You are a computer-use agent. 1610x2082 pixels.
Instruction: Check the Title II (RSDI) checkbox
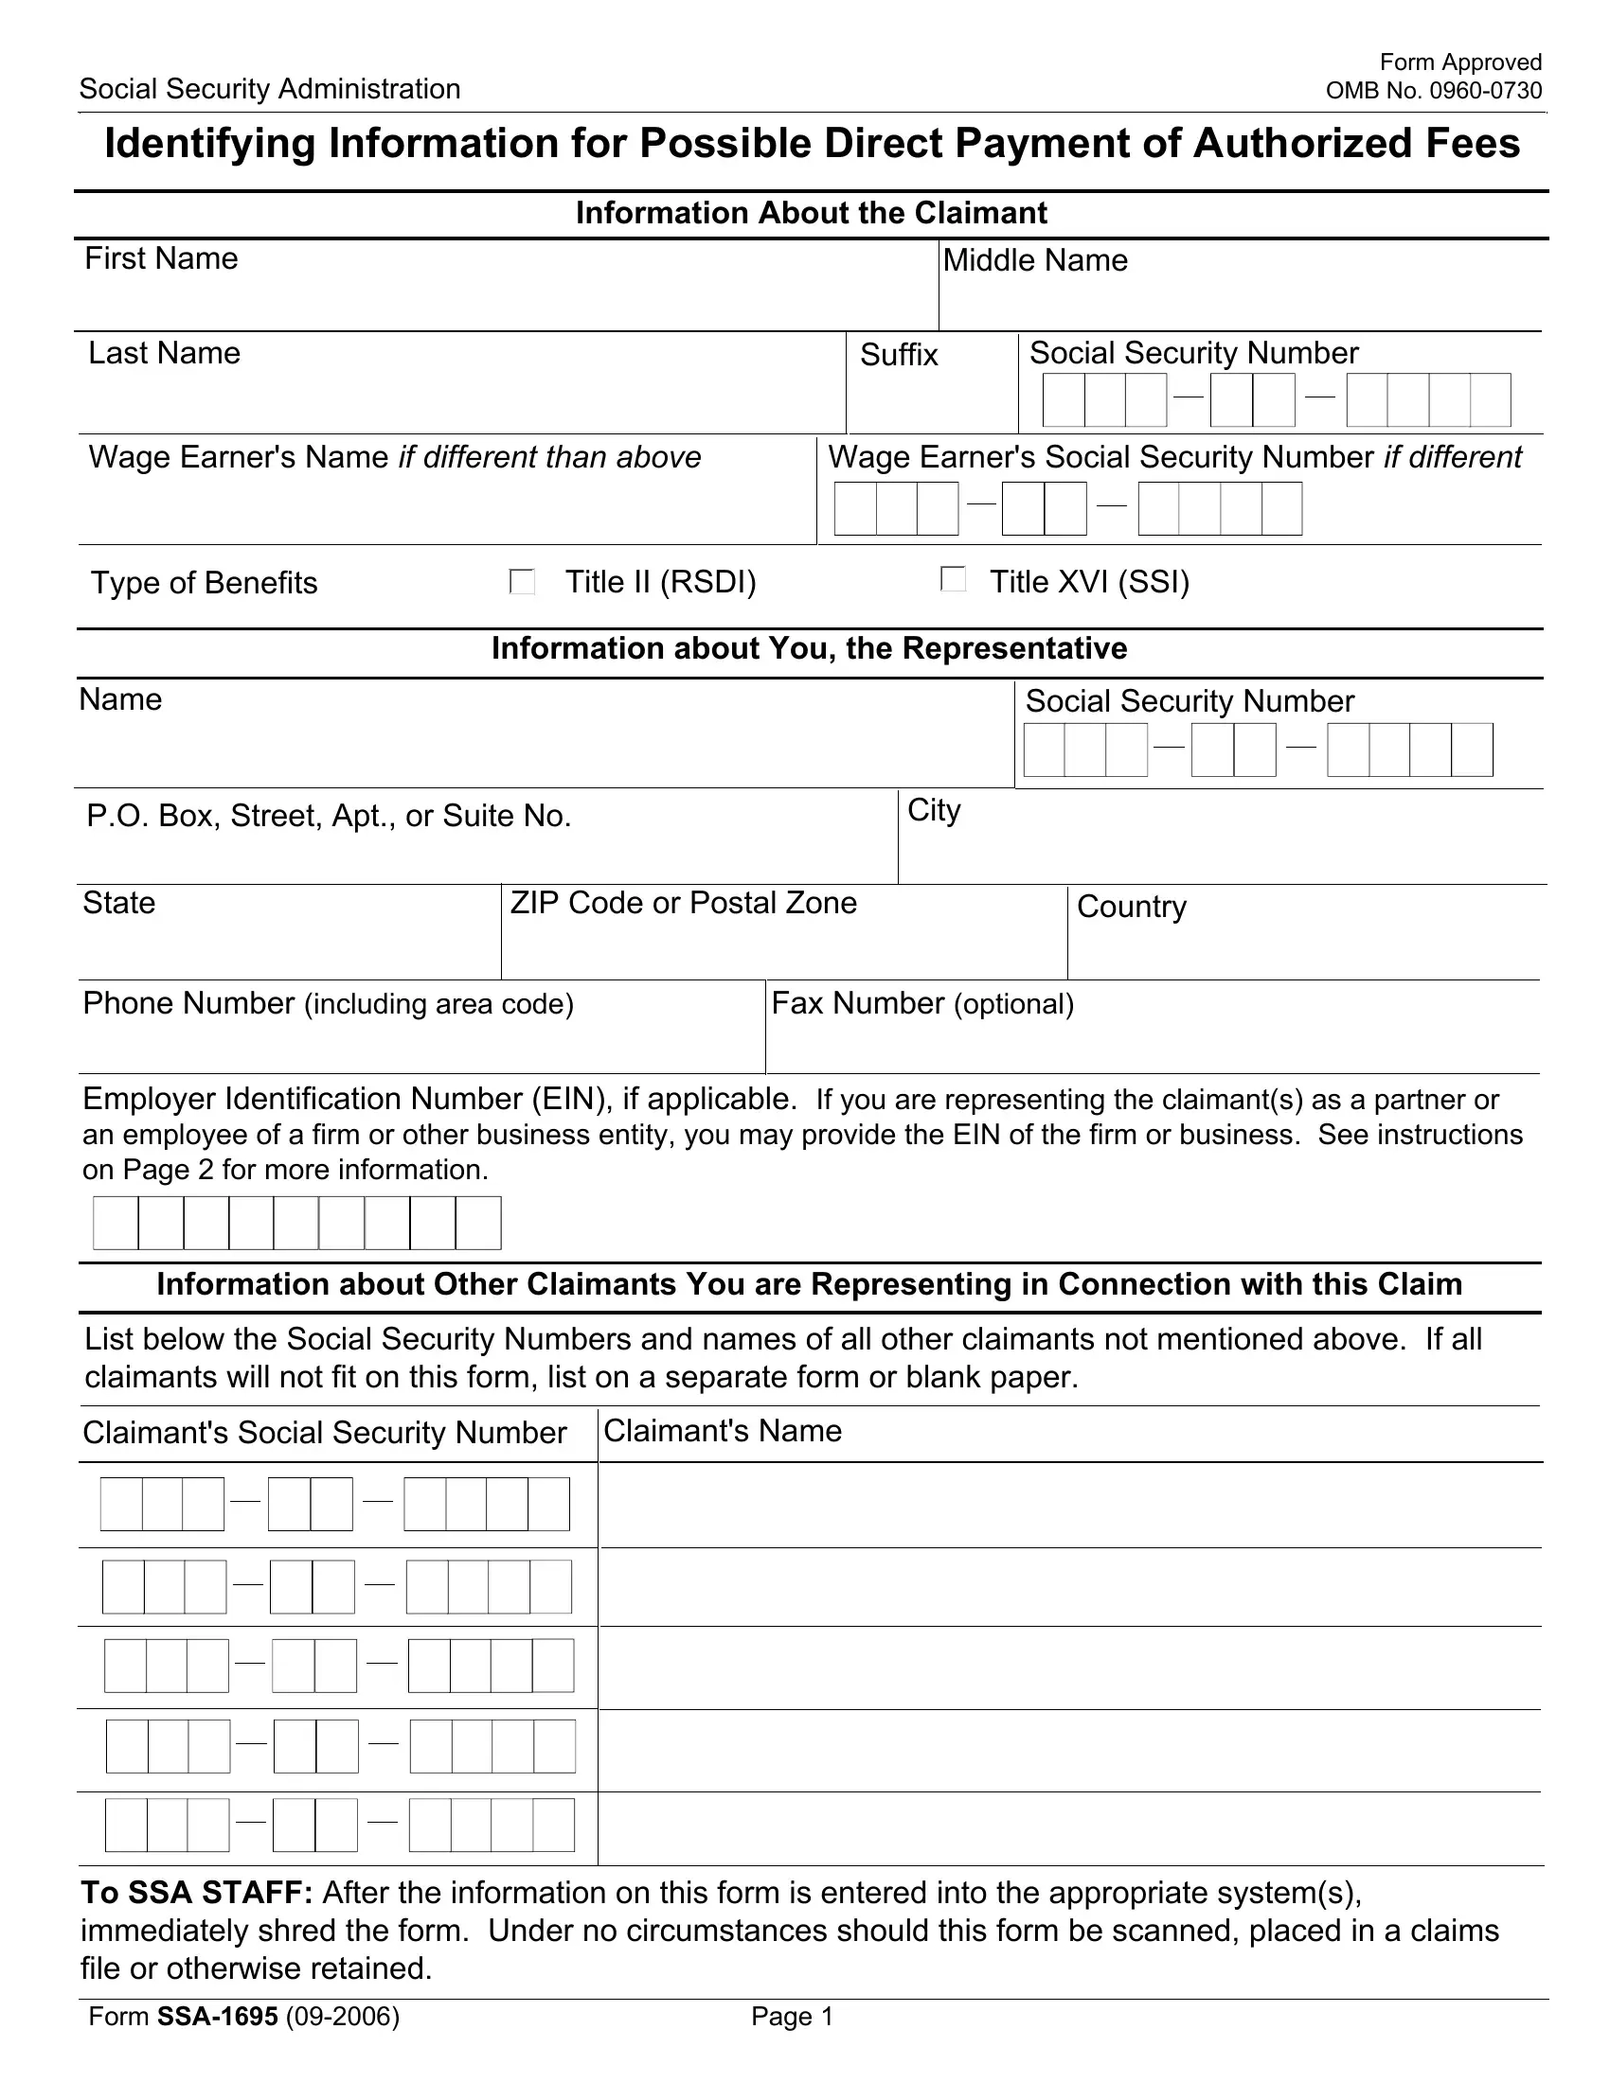522,581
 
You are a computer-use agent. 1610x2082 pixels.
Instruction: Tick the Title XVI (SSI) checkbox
953,578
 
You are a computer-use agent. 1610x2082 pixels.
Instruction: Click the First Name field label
161,258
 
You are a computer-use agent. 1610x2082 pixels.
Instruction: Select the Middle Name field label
1035,260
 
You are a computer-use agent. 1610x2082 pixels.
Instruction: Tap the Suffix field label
899,355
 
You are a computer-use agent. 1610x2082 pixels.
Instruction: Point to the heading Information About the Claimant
811,213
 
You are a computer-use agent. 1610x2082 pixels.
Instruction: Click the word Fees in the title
1473,144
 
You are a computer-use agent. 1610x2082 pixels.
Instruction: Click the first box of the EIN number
116,1223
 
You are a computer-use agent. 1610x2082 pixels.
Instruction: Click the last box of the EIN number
478,1223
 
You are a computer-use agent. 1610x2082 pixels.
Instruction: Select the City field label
934,810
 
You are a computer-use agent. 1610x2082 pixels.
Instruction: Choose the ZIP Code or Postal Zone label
683,903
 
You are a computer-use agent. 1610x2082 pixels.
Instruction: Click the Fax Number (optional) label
922,1003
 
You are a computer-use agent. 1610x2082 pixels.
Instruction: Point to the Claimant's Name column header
722,1431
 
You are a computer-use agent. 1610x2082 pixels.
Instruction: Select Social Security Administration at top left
270,90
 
